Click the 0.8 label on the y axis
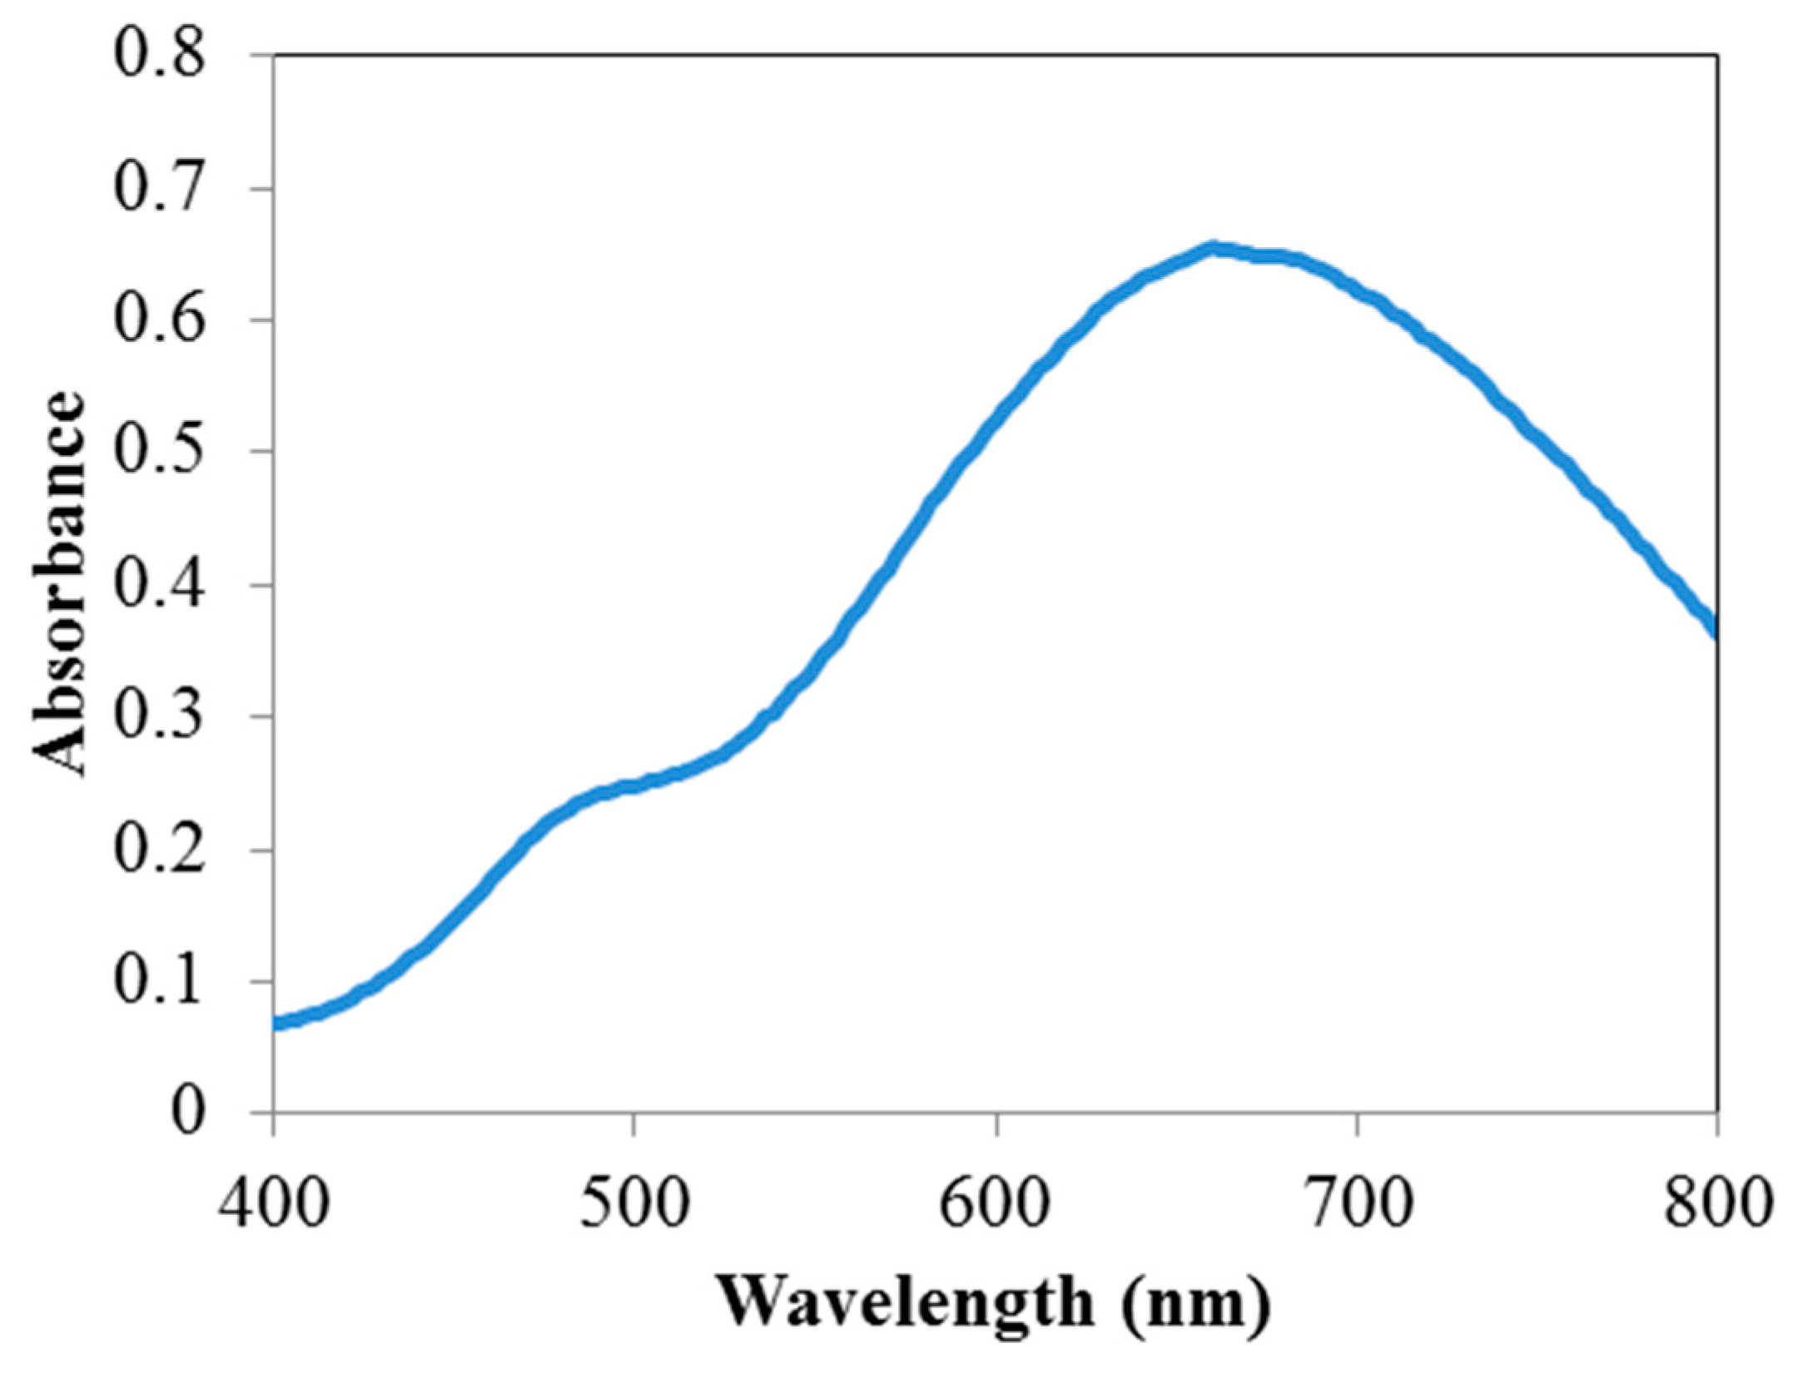pyautogui.click(x=158, y=56)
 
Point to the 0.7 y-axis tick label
pyautogui.click(x=158, y=189)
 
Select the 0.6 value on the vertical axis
pyautogui.click(x=158, y=320)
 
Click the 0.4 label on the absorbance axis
pyautogui.click(x=158, y=585)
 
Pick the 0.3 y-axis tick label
pyautogui.click(x=158, y=716)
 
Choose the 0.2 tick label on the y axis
pyautogui.click(x=158, y=850)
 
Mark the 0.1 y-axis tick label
pyautogui.click(x=158, y=981)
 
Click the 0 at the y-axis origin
pyautogui.click(x=187, y=1113)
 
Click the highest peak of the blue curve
pyautogui.click(x=1214, y=249)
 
